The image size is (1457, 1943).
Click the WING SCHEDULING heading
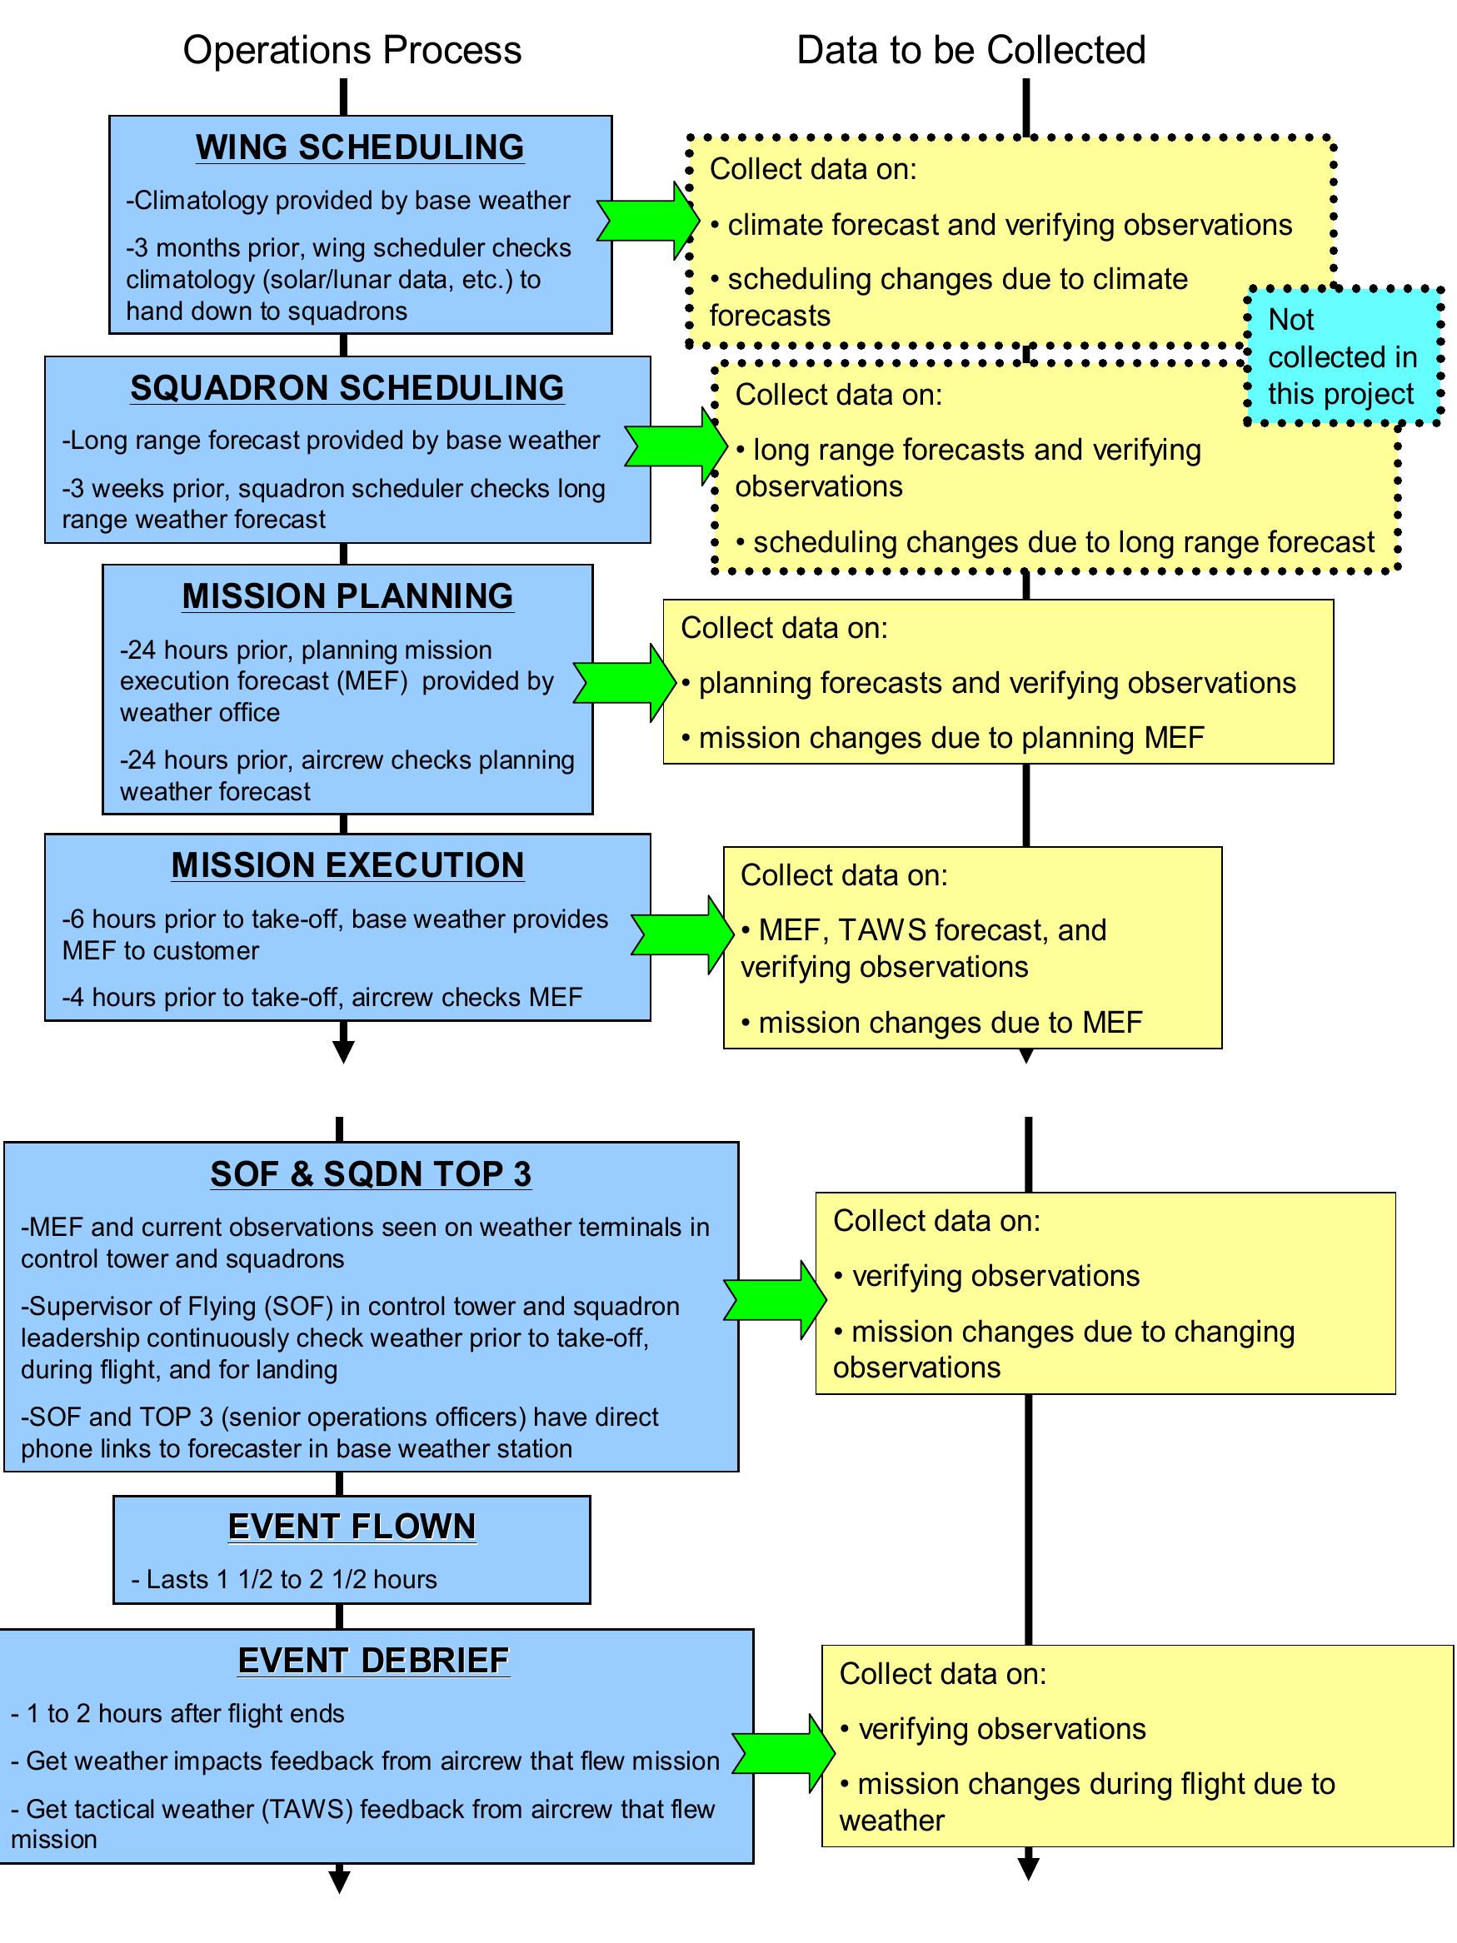point(359,147)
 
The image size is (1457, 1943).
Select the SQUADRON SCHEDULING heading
point(347,387)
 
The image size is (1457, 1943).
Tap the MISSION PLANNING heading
point(347,595)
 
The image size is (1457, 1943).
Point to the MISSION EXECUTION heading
point(347,865)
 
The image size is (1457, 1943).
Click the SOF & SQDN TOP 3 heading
point(370,1173)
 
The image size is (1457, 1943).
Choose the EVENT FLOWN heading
point(352,1527)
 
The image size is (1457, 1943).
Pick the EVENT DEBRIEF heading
point(373,1660)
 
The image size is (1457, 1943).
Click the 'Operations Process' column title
point(352,50)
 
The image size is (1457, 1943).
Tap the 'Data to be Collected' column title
point(971,50)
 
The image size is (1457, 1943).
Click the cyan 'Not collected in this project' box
point(1342,356)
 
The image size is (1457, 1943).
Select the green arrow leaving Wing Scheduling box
point(647,220)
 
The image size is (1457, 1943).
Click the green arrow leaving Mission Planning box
point(625,683)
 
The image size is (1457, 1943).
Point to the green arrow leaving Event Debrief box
point(783,1752)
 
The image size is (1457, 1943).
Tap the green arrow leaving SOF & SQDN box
point(774,1300)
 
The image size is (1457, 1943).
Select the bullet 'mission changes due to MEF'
point(941,1023)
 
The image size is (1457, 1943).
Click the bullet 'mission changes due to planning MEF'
point(942,738)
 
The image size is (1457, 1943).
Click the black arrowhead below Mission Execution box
point(343,1050)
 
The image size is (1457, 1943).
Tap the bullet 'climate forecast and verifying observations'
point(1001,225)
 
